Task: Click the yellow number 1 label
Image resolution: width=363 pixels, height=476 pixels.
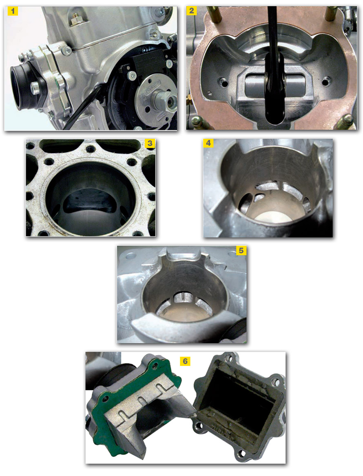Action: (13, 11)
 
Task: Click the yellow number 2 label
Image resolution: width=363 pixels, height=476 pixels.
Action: (191, 11)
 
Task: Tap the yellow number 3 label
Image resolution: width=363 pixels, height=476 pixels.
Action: (150, 143)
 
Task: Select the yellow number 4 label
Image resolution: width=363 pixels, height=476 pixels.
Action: (208, 143)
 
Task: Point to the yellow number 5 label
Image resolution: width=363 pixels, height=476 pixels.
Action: (241, 250)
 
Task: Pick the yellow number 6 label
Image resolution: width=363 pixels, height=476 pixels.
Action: (185, 361)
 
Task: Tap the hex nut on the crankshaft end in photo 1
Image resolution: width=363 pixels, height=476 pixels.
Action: (162, 100)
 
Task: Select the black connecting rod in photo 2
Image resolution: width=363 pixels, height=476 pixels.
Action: (274, 70)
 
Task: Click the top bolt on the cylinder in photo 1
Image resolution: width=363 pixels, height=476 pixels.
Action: (75, 21)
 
